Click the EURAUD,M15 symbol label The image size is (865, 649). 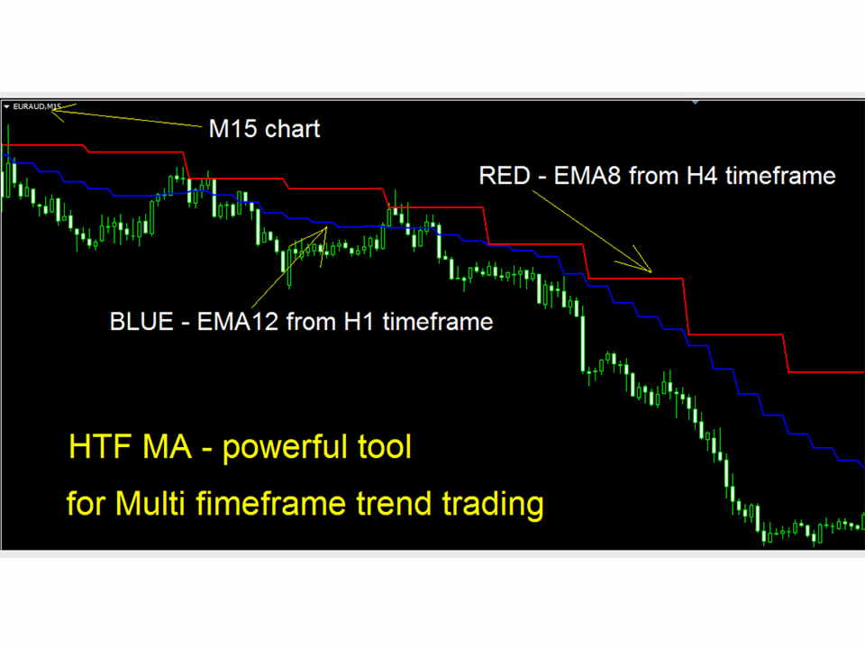[x=37, y=106]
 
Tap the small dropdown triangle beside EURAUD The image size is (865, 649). [x=6, y=106]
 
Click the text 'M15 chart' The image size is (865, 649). [x=264, y=129]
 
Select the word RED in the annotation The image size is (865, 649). [x=505, y=176]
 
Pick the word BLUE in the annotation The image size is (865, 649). [x=141, y=322]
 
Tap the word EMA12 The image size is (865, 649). [x=238, y=322]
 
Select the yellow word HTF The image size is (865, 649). [x=102, y=446]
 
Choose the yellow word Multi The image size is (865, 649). [x=150, y=503]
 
